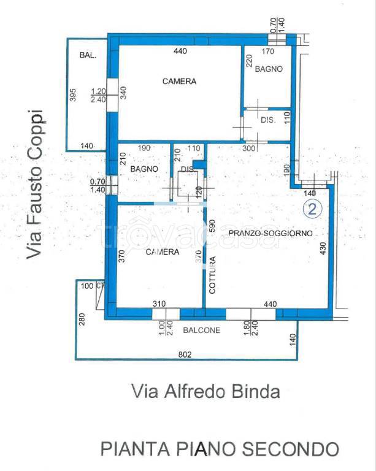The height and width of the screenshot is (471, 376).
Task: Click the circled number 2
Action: tap(312, 209)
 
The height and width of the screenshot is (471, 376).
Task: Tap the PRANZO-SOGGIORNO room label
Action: tap(270, 234)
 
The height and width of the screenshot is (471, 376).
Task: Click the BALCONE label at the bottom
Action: tap(202, 329)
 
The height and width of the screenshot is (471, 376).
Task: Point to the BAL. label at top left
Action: tap(87, 56)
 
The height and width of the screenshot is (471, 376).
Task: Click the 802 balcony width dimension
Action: tap(186, 354)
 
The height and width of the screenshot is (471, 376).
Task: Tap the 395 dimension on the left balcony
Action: tap(72, 97)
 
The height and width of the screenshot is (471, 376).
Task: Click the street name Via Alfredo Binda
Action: tap(205, 391)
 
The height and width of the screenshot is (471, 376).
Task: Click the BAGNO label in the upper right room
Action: tap(269, 69)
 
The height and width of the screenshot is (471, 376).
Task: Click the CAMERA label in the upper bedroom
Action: tap(179, 82)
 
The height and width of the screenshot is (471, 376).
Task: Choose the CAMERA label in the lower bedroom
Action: tap(163, 252)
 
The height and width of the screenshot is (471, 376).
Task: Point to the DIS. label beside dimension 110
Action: tap(269, 121)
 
